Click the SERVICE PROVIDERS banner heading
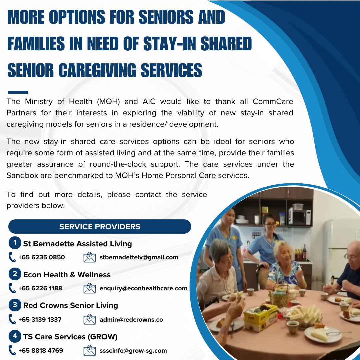[x=100, y=227]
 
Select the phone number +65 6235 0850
[x=41, y=257]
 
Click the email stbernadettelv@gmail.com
[x=139, y=257]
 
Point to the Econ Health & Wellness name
[x=67, y=275]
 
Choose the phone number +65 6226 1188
[x=40, y=288]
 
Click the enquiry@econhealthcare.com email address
[x=143, y=288]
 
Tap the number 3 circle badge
[x=15, y=305]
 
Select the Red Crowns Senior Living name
[x=70, y=305]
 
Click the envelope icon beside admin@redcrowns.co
[x=90, y=319]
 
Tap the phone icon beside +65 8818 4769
[x=12, y=350]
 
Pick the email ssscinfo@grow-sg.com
[x=133, y=350]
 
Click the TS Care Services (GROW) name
[x=70, y=337]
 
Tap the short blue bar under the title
[x=18, y=92]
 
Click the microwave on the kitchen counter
[x=300, y=216]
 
